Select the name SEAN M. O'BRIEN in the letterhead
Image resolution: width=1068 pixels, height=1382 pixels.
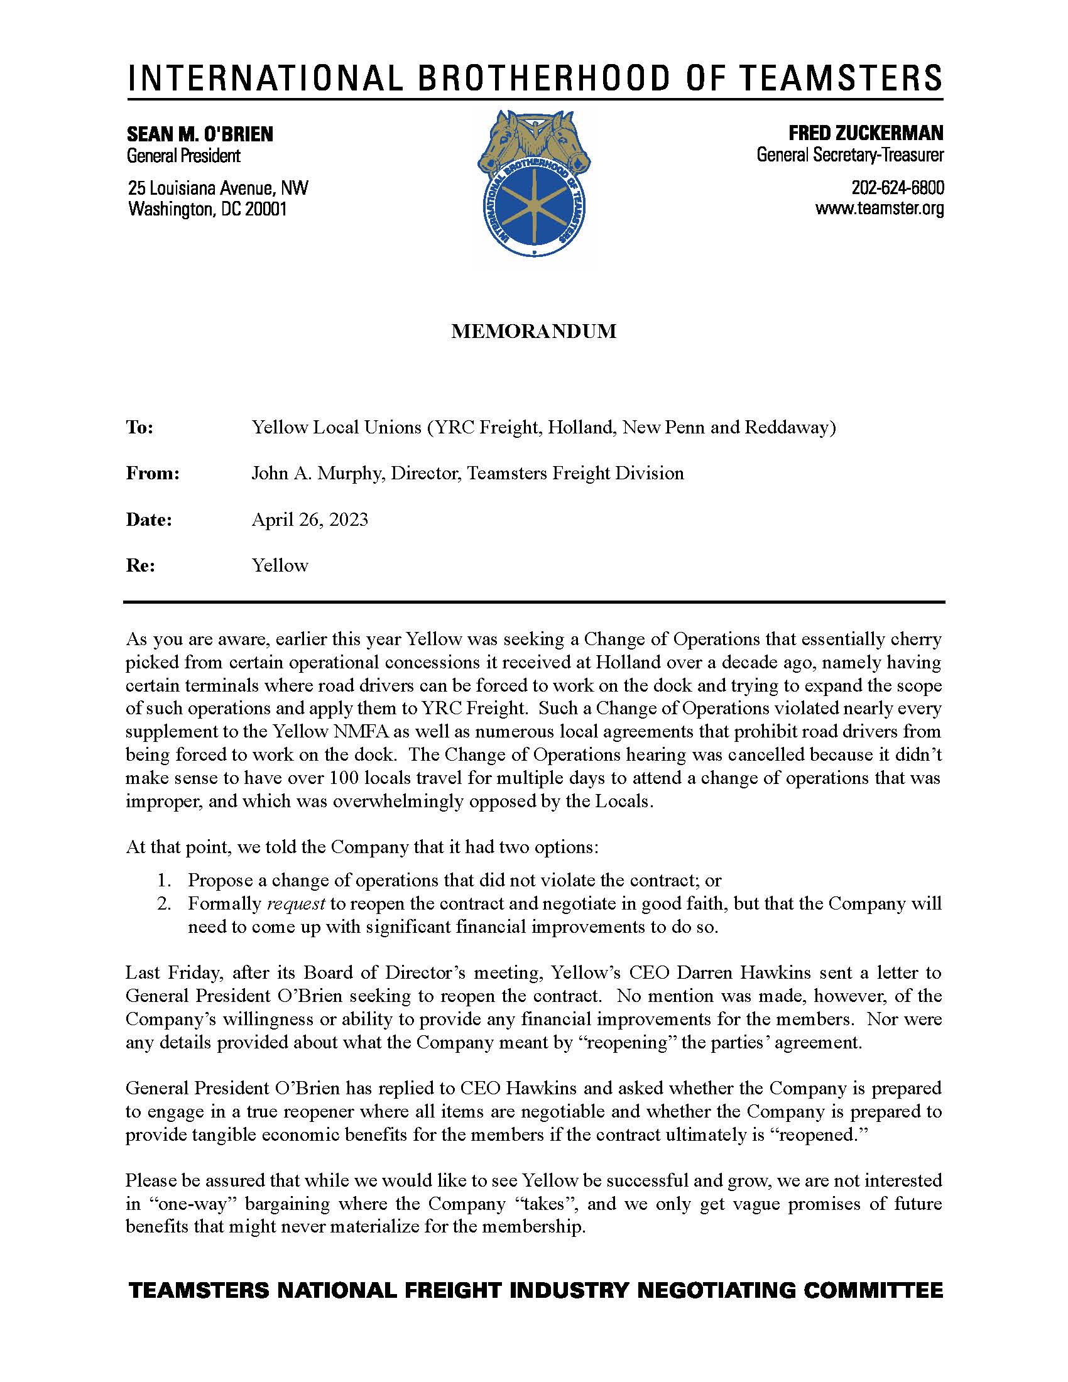pyautogui.click(x=200, y=134)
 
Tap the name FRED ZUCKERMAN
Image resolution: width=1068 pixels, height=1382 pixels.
pyautogui.click(x=866, y=133)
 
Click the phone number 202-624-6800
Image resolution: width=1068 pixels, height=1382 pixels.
pyautogui.click(x=897, y=188)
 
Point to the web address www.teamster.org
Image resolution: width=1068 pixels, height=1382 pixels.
pyautogui.click(x=880, y=209)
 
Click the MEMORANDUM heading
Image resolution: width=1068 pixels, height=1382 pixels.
pyautogui.click(x=533, y=331)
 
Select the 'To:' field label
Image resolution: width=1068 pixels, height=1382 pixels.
pyautogui.click(x=140, y=428)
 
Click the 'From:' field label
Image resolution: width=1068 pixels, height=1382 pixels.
pyautogui.click(x=153, y=473)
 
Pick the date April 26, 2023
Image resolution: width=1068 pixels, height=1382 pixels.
pyautogui.click(x=309, y=520)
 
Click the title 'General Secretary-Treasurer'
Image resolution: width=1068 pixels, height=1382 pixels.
pyautogui.click(x=850, y=155)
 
